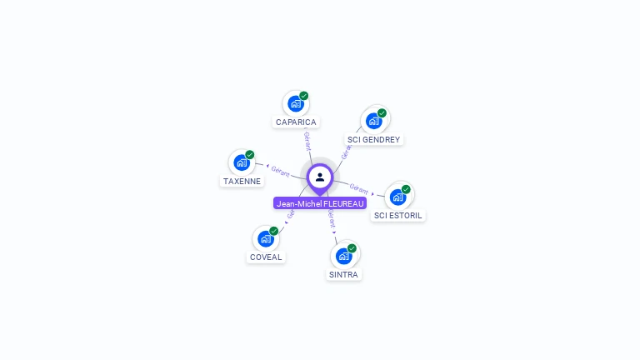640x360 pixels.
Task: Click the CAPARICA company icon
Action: (x=295, y=103)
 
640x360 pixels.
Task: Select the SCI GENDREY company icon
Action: (x=373, y=121)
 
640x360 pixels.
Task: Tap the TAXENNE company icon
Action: (x=242, y=162)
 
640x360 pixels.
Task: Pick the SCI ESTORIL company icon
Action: (x=397, y=197)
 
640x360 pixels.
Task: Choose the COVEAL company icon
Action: (x=266, y=239)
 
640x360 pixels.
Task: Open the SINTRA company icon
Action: (x=343, y=256)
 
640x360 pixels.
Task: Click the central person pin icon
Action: (x=320, y=177)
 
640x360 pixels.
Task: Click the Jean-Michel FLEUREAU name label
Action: (x=320, y=203)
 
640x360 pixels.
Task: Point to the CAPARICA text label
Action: (x=296, y=122)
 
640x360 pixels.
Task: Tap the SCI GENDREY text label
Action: (x=373, y=140)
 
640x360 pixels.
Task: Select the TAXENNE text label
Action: (x=242, y=182)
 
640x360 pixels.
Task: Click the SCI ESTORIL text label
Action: (x=398, y=216)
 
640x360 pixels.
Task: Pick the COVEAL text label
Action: (x=267, y=257)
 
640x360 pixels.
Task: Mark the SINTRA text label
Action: (x=344, y=275)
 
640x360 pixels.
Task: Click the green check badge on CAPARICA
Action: (x=304, y=96)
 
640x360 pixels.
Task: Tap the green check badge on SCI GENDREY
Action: (x=382, y=113)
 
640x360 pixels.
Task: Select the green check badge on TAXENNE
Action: (x=250, y=155)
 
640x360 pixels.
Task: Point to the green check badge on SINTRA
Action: (x=352, y=248)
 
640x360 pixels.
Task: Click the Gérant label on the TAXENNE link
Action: (x=280, y=171)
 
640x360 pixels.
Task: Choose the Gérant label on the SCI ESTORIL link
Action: (x=359, y=187)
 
